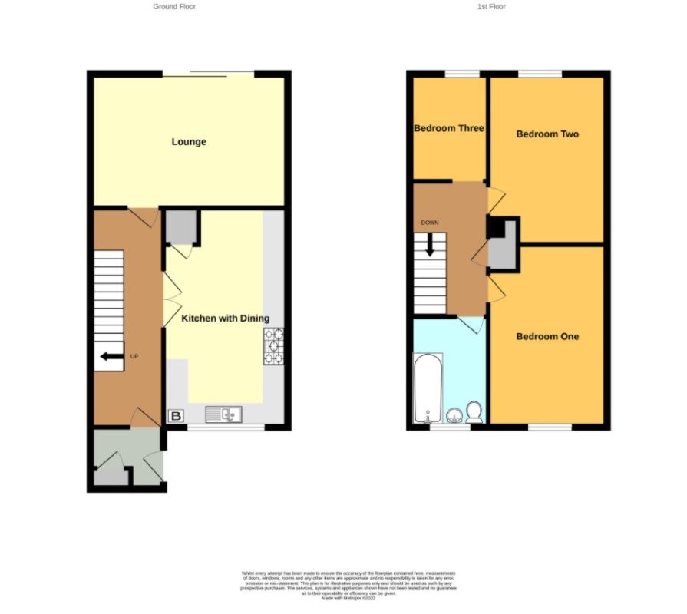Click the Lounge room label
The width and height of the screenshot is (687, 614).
(x=189, y=142)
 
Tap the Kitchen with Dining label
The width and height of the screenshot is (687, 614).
(x=225, y=319)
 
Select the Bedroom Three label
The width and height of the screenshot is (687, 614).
(x=449, y=128)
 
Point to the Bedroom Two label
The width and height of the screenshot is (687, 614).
(x=547, y=134)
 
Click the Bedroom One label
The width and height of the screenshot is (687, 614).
(x=547, y=337)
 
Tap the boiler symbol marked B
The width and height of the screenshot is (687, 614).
(x=176, y=416)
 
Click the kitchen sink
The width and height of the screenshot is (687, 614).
(x=223, y=414)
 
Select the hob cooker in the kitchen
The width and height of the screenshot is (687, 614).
(x=274, y=346)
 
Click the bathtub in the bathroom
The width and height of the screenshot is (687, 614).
(x=428, y=388)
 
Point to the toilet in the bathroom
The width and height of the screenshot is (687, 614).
(x=474, y=412)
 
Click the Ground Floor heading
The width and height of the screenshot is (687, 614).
(x=174, y=7)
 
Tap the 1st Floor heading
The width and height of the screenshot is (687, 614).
(x=491, y=7)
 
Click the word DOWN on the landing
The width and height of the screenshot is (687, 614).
(x=429, y=223)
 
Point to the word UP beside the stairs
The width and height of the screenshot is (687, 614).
(x=134, y=356)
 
